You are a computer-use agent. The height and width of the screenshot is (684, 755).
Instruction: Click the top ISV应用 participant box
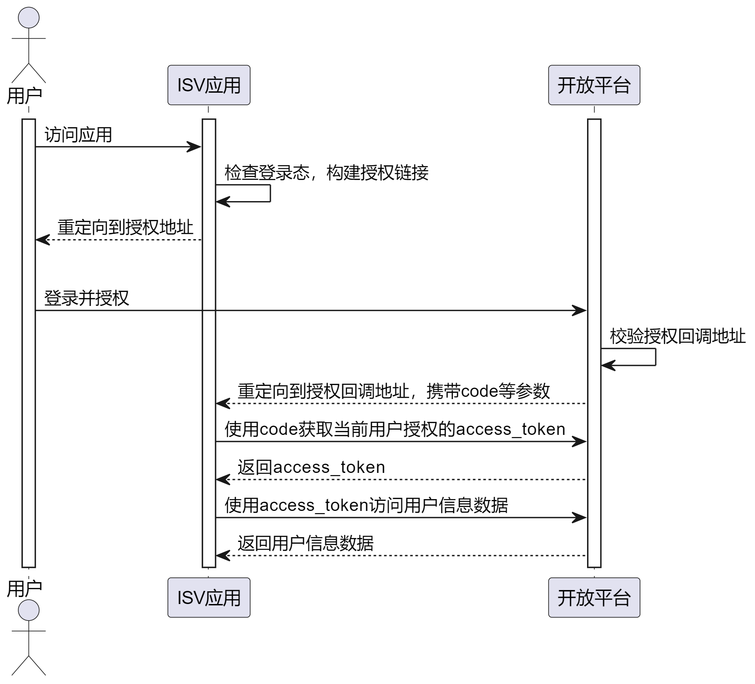pos(209,85)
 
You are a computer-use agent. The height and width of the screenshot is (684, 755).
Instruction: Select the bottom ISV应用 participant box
pos(209,597)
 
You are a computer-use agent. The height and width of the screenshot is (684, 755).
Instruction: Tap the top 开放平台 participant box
pos(594,85)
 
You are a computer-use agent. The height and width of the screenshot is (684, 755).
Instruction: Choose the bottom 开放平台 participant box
pos(594,597)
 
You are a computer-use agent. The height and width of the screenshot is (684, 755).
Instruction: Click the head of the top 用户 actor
pos(29,17)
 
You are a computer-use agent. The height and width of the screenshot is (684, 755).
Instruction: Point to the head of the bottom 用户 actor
pos(29,610)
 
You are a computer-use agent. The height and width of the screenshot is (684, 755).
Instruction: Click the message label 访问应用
pos(78,135)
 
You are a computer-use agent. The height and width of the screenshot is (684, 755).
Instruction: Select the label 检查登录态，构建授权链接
pos(326,173)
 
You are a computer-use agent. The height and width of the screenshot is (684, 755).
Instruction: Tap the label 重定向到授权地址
pos(125,227)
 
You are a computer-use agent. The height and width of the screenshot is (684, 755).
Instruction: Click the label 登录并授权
pos(87,298)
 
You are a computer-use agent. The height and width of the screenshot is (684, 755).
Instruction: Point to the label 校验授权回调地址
pos(678,336)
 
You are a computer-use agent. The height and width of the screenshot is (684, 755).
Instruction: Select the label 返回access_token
pos(311,467)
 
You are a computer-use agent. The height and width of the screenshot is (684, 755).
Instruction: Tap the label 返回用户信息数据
pos(305,543)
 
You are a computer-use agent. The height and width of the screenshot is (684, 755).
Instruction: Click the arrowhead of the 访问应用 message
pos(195,147)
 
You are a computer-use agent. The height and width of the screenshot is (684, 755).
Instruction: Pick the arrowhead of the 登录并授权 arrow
pos(580,311)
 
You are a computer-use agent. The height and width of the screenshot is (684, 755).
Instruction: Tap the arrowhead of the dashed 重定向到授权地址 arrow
pos(42,240)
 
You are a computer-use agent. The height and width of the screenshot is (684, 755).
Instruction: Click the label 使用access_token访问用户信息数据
pos(366,505)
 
